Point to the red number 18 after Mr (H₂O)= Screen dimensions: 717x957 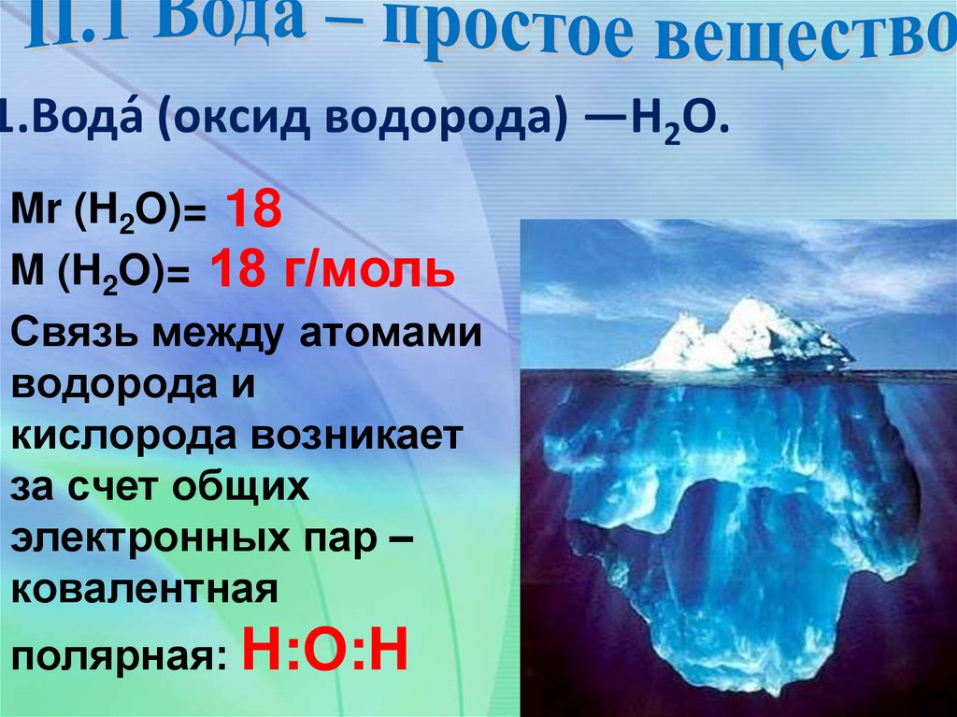click(x=250, y=210)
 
